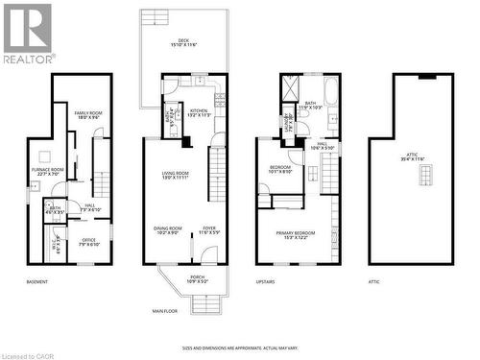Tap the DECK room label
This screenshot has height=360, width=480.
183,43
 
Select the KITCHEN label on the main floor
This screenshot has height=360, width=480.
198,113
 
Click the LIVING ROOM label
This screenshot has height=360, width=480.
174,176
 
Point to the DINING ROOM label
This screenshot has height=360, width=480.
167,230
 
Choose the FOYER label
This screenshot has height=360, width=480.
208,230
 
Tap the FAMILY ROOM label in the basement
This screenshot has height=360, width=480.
88,116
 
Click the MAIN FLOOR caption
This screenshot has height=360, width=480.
166,311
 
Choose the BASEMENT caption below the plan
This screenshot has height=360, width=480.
38,282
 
